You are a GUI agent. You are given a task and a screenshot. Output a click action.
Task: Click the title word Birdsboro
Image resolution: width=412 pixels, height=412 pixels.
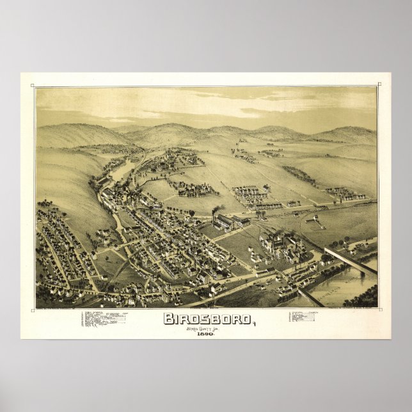click(x=205, y=318)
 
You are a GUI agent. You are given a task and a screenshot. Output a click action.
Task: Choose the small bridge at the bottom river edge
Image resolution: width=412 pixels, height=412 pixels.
click(x=310, y=297)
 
